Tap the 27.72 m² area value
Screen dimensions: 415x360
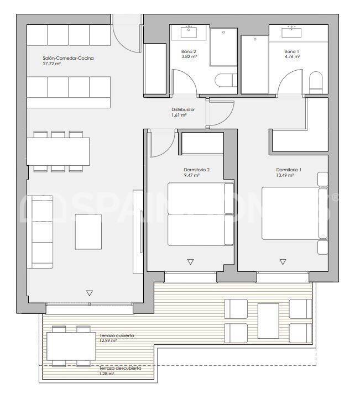[x=51, y=64]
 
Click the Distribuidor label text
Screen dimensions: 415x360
[x=182, y=109]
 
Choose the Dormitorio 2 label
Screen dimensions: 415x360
[x=196, y=170]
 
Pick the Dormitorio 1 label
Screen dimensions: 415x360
[x=289, y=170]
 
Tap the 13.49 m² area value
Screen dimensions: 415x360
[x=285, y=176]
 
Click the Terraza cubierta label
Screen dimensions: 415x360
[x=117, y=335]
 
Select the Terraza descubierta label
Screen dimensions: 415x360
[x=119, y=368]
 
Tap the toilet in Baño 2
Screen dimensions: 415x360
[x=223, y=82]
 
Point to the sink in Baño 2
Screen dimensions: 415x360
[x=191, y=31]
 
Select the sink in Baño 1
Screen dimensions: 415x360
[x=291, y=31]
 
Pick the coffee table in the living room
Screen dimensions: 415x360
[x=88, y=231]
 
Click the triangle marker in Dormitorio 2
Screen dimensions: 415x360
[x=191, y=262]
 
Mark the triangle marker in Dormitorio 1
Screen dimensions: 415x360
[x=283, y=262]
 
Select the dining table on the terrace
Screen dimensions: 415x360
[x=69, y=346]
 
